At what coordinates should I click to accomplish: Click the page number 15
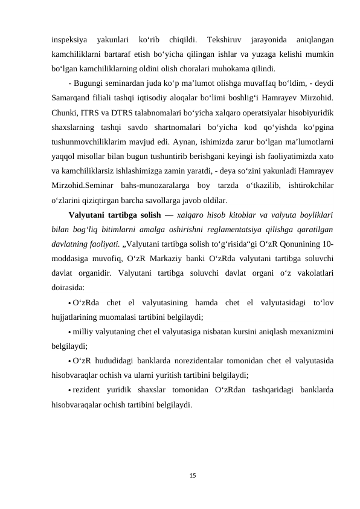(179, 475)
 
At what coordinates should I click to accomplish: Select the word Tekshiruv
(226, 41)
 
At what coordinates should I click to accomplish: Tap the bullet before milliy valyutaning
(70, 332)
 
